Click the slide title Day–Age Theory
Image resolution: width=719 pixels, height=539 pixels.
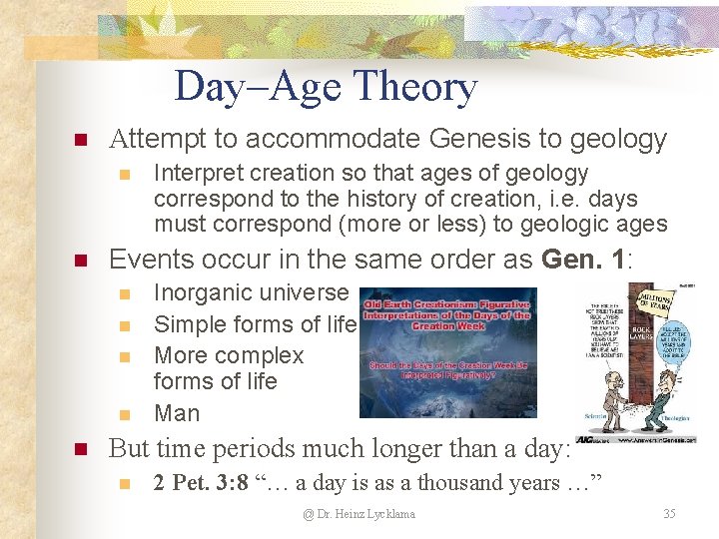click(x=326, y=87)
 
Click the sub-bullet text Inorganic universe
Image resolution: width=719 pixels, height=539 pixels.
click(x=251, y=293)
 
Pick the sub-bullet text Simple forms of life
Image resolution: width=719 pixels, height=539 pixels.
click(x=255, y=324)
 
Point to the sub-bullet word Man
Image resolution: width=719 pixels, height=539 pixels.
click(x=177, y=413)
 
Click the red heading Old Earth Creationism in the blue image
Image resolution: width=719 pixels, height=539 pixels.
click(x=446, y=311)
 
